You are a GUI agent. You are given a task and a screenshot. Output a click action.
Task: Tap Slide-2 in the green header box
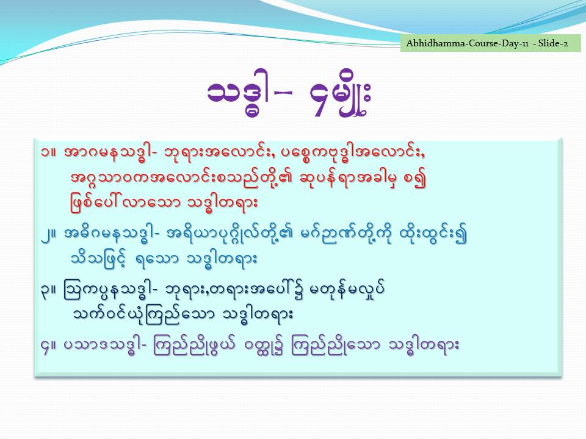click(x=553, y=43)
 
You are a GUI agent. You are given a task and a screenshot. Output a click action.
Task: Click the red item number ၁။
click(x=49, y=152)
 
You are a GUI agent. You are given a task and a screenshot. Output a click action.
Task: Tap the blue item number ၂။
click(x=49, y=234)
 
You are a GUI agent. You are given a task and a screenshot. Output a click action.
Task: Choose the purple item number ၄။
click(x=49, y=346)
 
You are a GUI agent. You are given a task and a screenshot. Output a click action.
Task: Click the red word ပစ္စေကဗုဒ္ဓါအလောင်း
click(x=358, y=154)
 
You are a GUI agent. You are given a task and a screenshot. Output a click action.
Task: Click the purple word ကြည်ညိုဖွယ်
click(x=194, y=346)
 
